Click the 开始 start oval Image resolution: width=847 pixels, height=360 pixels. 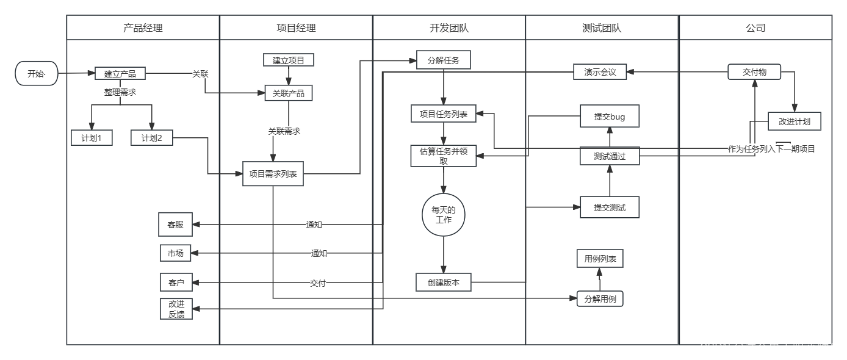[37, 74]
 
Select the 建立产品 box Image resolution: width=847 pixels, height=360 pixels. [120, 74]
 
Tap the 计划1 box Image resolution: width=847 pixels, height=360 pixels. [92, 139]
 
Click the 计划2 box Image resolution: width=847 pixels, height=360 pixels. [152, 139]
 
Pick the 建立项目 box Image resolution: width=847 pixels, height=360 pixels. [289, 60]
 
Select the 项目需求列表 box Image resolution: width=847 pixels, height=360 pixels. [273, 174]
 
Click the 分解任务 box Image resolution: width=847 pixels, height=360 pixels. [444, 60]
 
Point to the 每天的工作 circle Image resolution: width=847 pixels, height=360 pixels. [444, 214]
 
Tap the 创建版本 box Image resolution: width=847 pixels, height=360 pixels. [444, 282]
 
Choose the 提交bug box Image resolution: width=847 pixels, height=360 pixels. [610, 117]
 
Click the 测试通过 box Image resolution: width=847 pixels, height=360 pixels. [610, 156]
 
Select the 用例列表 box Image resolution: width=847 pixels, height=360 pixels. [600, 259]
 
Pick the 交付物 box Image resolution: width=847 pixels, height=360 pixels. [754, 72]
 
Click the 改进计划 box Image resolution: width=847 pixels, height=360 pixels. [794, 121]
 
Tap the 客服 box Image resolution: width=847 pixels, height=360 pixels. [175, 224]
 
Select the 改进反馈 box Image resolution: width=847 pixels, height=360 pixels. [176, 309]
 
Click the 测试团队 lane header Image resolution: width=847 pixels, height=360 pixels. [602, 27]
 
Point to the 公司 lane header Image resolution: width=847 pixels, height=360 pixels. [755, 27]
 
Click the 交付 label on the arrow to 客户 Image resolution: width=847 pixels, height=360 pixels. [318, 283]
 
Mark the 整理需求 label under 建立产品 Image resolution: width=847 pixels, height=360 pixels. [120, 92]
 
